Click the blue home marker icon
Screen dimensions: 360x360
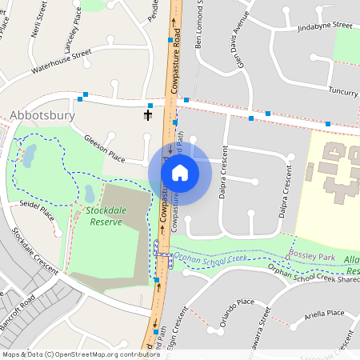tap(180, 172)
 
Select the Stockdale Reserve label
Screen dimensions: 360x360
tap(104, 216)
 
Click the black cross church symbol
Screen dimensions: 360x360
tap(148, 114)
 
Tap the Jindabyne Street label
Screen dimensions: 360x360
tap(325, 26)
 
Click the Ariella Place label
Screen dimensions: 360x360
tap(324, 314)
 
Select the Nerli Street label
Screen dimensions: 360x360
tap(34, 20)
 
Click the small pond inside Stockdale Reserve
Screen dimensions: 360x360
tap(90, 193)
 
